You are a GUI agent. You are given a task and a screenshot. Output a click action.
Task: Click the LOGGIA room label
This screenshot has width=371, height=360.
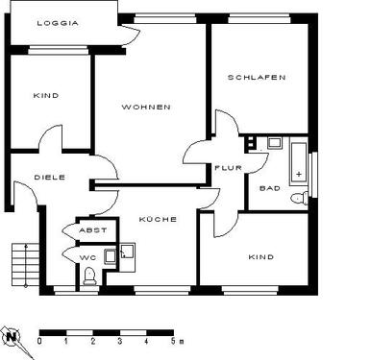(x=58, y=23)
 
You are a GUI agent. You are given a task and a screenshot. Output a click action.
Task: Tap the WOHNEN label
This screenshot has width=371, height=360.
(x=146, y=107)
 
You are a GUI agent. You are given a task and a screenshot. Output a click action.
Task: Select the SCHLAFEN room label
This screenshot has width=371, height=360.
(x=257, y=78)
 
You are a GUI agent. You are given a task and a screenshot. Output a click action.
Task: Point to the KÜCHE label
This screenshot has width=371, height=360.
(x=158, y=220)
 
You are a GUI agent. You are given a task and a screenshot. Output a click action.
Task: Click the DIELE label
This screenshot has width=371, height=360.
(x=49, y=177)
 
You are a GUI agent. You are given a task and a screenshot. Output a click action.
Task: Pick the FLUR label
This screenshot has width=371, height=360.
(x=228, y=167)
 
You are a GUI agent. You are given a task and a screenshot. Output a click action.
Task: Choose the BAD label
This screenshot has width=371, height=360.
(x=270, y=188)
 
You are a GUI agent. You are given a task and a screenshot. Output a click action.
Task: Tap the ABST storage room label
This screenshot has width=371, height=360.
(x=92, y=230)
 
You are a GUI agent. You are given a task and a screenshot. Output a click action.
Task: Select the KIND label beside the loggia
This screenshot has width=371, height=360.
(x=45, y=95)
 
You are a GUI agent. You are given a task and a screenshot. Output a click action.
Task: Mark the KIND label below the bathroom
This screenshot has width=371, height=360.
(x=260, y=257)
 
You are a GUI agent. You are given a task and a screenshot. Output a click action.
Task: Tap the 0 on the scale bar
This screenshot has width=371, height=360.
(x=39, y=340)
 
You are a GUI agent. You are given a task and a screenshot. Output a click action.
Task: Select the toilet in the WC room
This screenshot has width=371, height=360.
(x=89, y=276)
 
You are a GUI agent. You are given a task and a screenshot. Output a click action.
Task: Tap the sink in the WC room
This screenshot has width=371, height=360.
(x=126, y=252)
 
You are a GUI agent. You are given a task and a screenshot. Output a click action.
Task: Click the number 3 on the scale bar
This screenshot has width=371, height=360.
(x=119, y=340)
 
